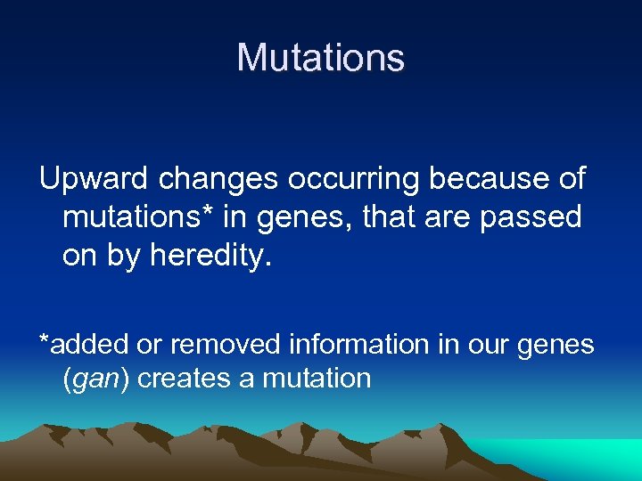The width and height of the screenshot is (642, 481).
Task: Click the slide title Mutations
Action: click(321, 58)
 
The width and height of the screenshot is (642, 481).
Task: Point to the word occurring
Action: click(357, 179)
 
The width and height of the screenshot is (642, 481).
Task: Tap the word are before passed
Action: click(457, 216)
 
